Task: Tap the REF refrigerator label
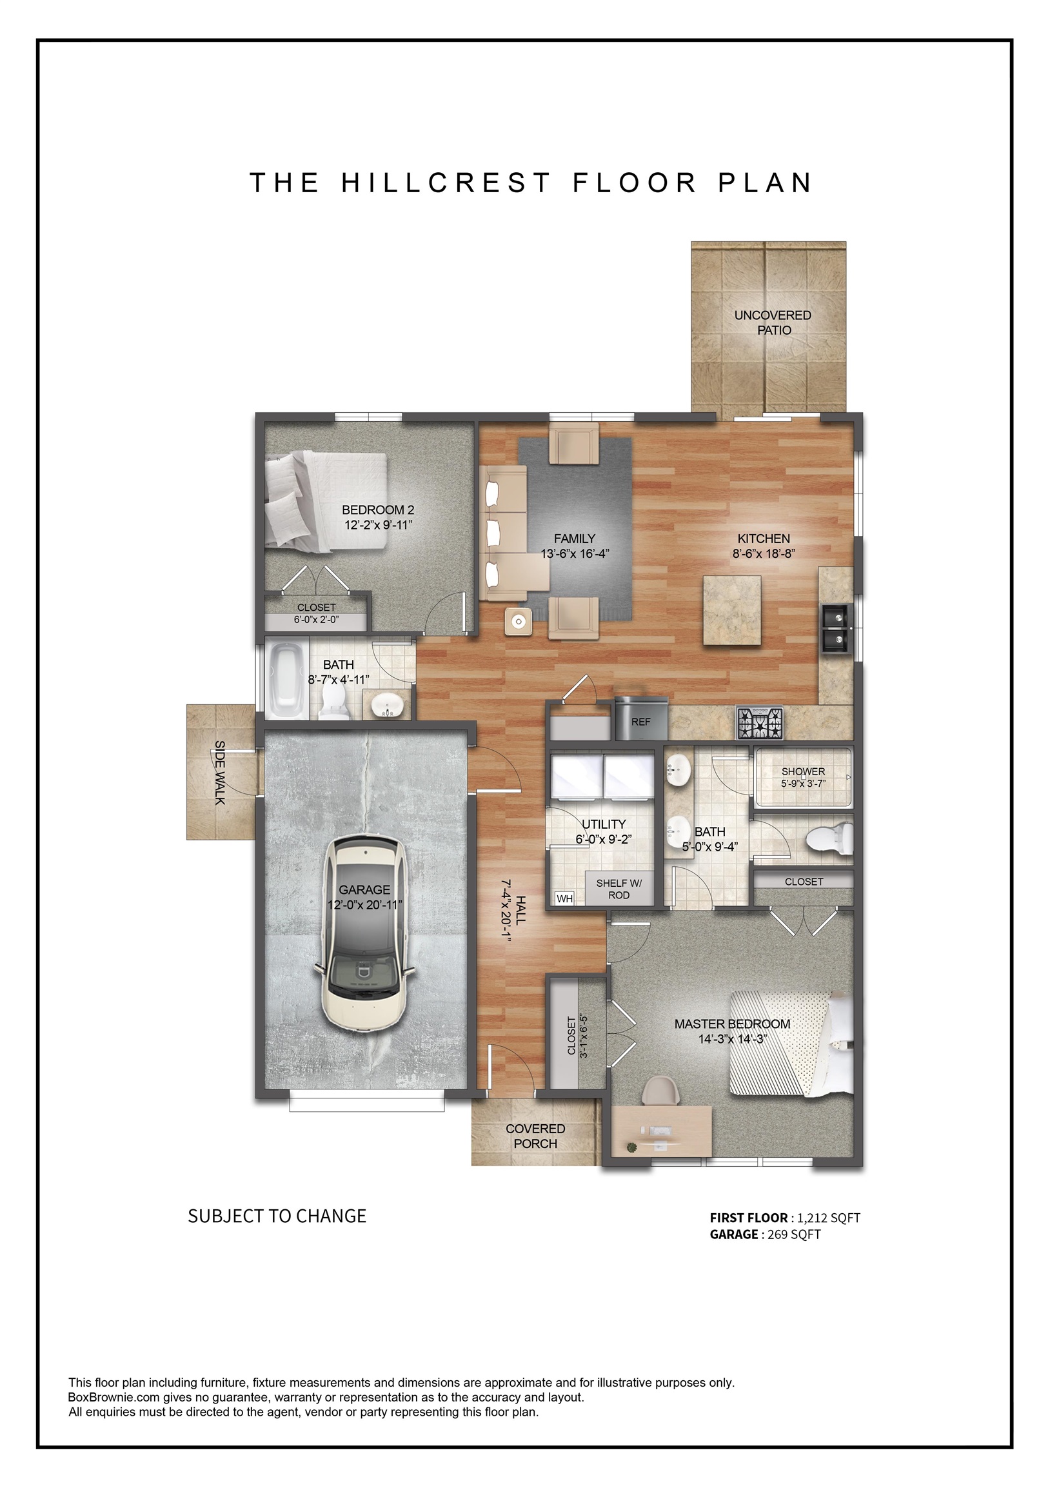[640, 722]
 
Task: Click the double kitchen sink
[837, 628]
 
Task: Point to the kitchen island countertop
[732, 609]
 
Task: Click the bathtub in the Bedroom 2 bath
[286, 679]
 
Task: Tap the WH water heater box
[564, 899]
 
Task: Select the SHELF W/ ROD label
[619, 889]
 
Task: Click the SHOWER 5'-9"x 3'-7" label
[803, 777]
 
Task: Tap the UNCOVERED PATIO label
[773, 322]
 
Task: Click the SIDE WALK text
[219, 772]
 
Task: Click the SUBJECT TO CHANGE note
[277, 1216]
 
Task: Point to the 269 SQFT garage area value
[794, 1234]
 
